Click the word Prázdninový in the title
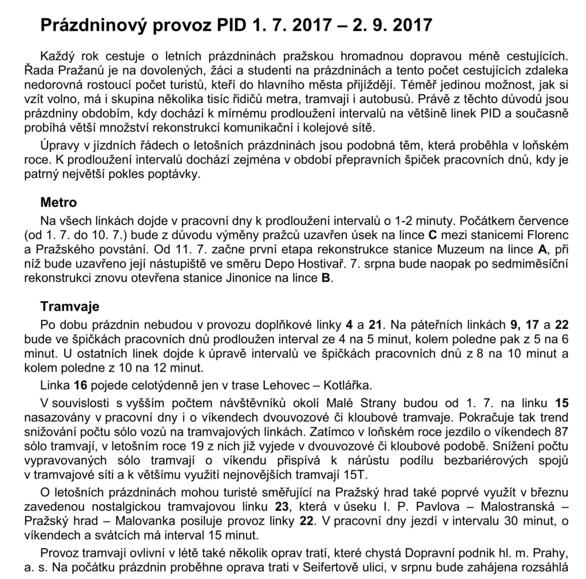97,26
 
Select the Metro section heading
58,202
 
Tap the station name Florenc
547,235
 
